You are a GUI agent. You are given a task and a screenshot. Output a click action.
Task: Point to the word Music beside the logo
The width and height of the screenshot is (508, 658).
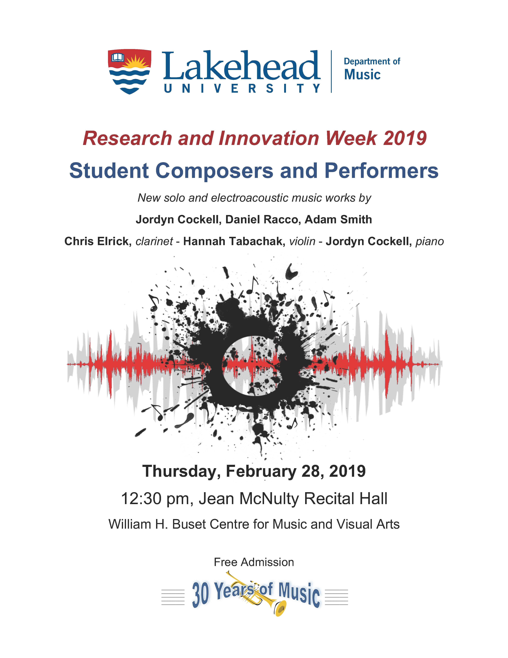[362, 74]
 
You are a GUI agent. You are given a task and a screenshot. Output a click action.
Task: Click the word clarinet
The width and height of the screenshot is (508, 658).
[154, 241]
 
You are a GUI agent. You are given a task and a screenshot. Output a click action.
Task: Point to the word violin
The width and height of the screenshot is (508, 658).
[302, 241]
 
